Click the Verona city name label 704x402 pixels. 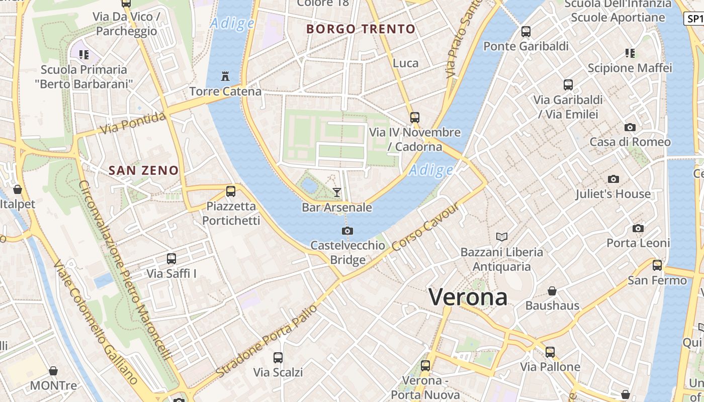click(468, 297)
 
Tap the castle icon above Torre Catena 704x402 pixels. click(225, 76)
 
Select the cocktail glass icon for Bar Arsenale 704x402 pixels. click(336, 192)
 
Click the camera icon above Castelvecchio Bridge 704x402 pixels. click(347, 231)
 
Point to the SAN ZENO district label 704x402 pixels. click(144, 170)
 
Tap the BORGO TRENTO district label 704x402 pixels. click(361, 29)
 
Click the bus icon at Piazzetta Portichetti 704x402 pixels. click(231, 191)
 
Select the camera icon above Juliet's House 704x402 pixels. click(613, 179)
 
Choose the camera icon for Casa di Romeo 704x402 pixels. click(630, 127)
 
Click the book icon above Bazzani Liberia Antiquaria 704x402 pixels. click(501, 236)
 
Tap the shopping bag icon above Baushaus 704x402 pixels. click(552, 291)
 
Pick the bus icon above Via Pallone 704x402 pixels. click(550, 352)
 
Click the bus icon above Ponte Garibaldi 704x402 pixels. click(526, 31)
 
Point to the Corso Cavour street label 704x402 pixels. click(425, 227)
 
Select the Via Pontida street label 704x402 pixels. click(133, 124)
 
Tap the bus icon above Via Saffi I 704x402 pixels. click(171, 258)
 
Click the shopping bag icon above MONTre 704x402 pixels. click(53, 371)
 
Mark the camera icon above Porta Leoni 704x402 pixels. click(638, 228)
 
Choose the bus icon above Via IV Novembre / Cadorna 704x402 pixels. click(415, 117)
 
